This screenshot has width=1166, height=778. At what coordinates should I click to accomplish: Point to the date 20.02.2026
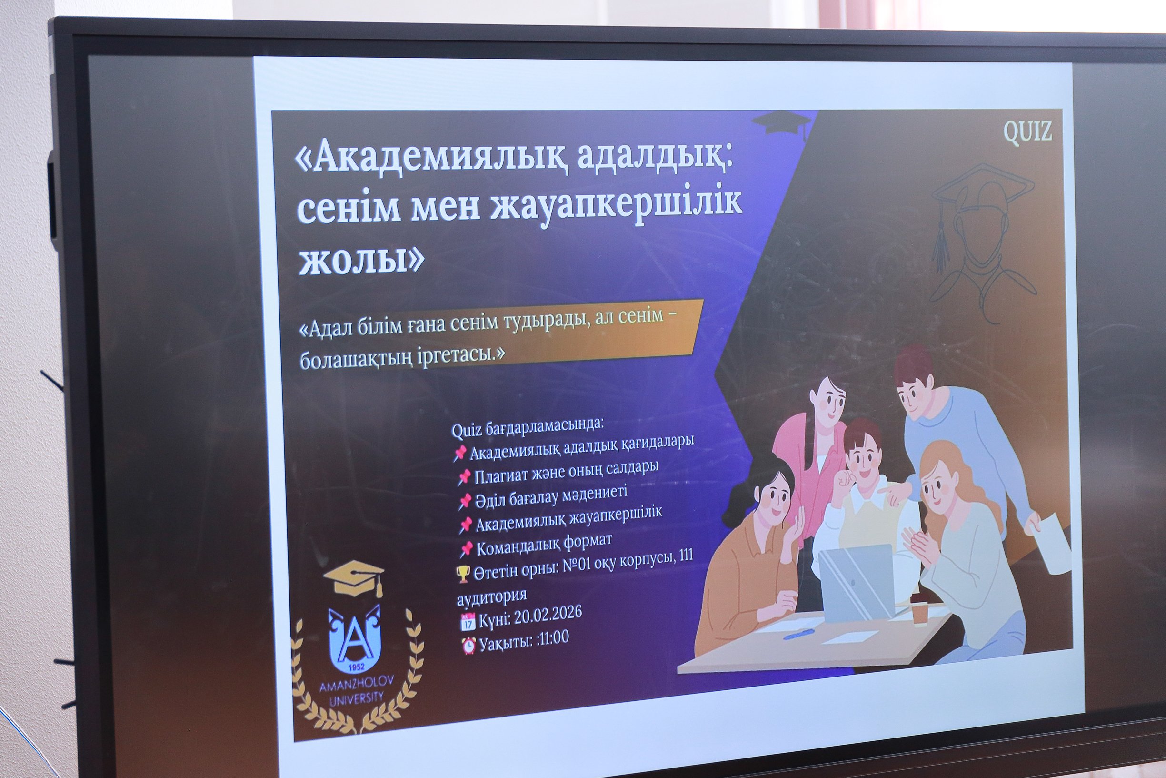(x=548, y=616)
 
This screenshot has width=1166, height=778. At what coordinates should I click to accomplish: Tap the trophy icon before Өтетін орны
(x=462, y=575)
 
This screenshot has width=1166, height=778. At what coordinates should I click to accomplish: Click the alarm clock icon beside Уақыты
(x=468, y=646)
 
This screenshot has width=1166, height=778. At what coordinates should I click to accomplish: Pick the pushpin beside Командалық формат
(x=466, y=549)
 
